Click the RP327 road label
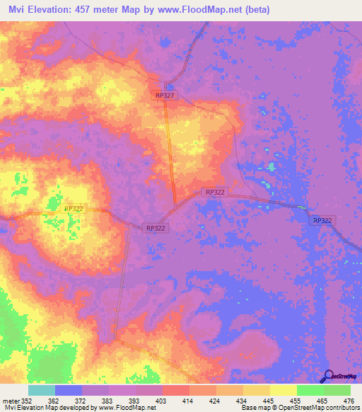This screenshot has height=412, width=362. pyautogui.click(x=164, y=94)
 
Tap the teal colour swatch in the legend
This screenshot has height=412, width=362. pyautogui.click(x=42, y=390)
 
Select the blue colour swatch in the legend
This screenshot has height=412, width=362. pyautogui.click(x=69, y=390)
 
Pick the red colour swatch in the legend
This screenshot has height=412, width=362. pyautogui.click(x=176, y=390)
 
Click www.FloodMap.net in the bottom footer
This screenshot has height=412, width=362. pyautogui.click(x=127, y=408)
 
